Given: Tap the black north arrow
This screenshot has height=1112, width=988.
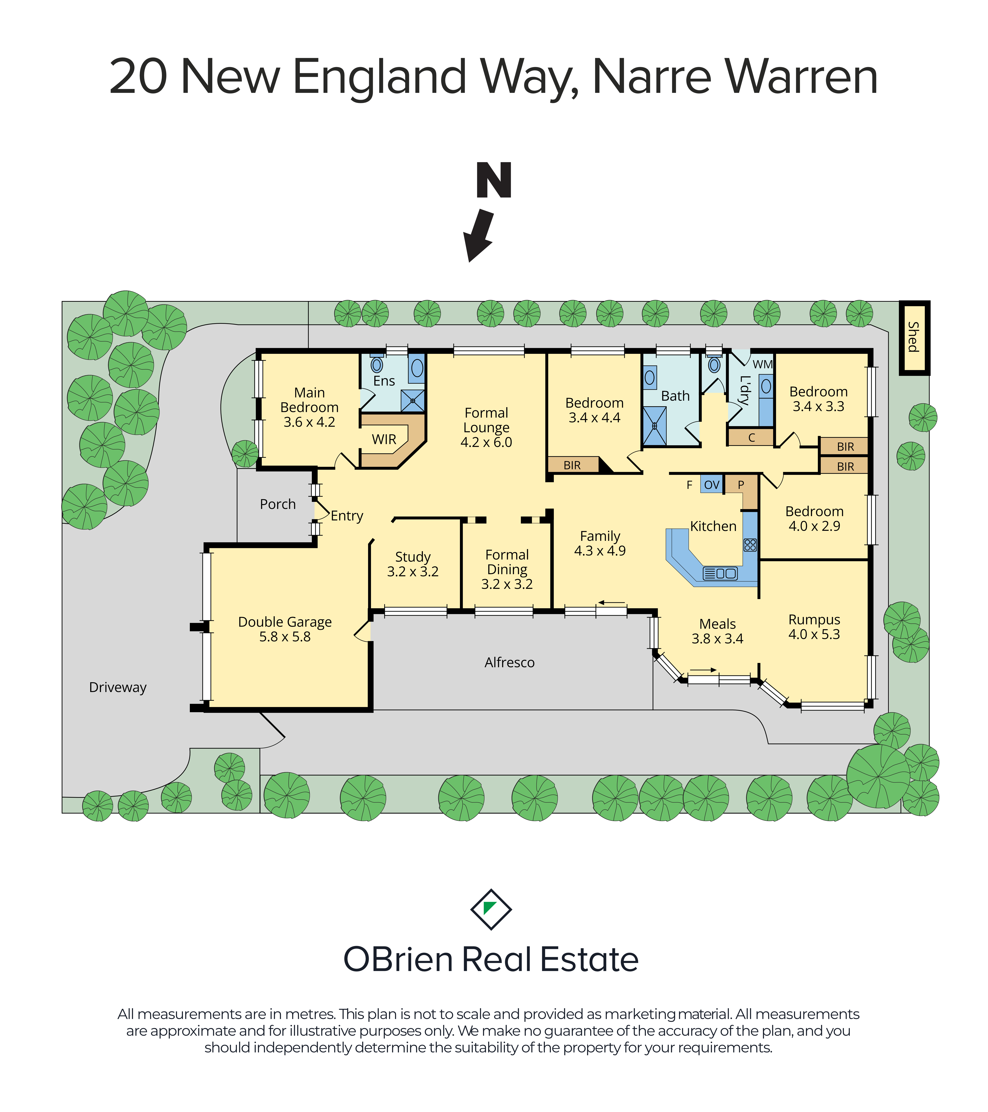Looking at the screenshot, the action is [x=478, y=236].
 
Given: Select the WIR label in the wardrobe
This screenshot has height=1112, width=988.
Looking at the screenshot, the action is [x=384, y=440].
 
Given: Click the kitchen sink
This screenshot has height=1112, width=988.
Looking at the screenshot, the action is [x=720, y=573].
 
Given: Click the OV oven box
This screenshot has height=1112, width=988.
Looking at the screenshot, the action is [x=712, y=484].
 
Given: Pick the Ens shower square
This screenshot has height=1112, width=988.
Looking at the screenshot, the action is [x=413, y=400].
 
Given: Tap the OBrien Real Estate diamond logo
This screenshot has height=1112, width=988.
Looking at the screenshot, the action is [x=491, y=909].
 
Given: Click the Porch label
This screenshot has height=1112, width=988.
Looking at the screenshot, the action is [x=278, y=504].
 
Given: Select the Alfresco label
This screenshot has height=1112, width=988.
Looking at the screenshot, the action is [x=510, y=662].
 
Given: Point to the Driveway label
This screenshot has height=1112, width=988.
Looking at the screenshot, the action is [x=118, y=688].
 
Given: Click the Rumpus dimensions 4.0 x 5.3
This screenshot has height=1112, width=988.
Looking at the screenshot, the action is [x=814, y=634].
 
